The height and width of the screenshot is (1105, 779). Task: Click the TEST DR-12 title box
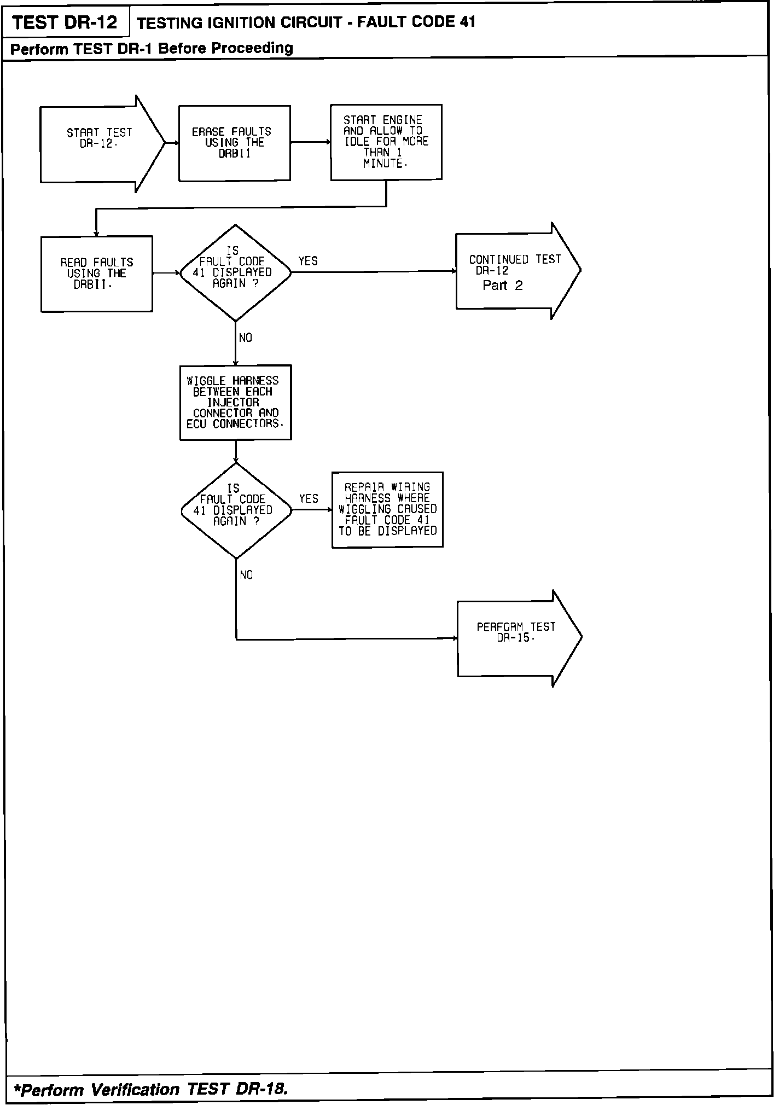point(65,22)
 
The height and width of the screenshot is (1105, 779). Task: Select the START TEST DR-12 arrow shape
point(98,144)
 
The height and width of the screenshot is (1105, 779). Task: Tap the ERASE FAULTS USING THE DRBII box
point(234,143)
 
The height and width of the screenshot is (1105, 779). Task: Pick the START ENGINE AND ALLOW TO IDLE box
point(386,142)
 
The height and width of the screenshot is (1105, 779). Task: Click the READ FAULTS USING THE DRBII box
point(96,274)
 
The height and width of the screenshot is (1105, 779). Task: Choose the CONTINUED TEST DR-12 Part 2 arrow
point(514,271)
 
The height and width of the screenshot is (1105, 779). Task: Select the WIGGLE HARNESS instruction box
point(235,402)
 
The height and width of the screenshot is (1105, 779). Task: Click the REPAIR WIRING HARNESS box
point(387,509)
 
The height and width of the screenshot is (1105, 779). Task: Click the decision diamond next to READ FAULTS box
point(235,272)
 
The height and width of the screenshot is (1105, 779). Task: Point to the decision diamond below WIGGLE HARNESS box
point(236,510)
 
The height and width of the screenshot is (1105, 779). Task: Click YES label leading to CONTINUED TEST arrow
point(308,261)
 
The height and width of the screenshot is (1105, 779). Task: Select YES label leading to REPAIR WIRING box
point(309,498)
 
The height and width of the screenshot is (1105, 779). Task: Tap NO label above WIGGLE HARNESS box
point(246,338)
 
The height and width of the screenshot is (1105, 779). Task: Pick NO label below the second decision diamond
point(246,575)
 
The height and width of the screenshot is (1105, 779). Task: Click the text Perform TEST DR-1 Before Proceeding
point(152,48)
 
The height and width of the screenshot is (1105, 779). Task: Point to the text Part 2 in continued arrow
point(502,285)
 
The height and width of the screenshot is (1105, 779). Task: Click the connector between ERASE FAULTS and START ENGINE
point(310,142)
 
